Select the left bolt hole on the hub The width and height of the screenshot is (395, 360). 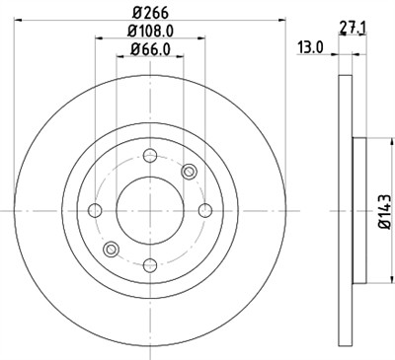click(96, 209)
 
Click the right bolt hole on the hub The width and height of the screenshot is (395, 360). click(204, 209)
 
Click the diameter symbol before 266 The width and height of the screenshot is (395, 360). click(137, 13)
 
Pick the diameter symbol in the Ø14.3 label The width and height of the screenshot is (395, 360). click(384, 233)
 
